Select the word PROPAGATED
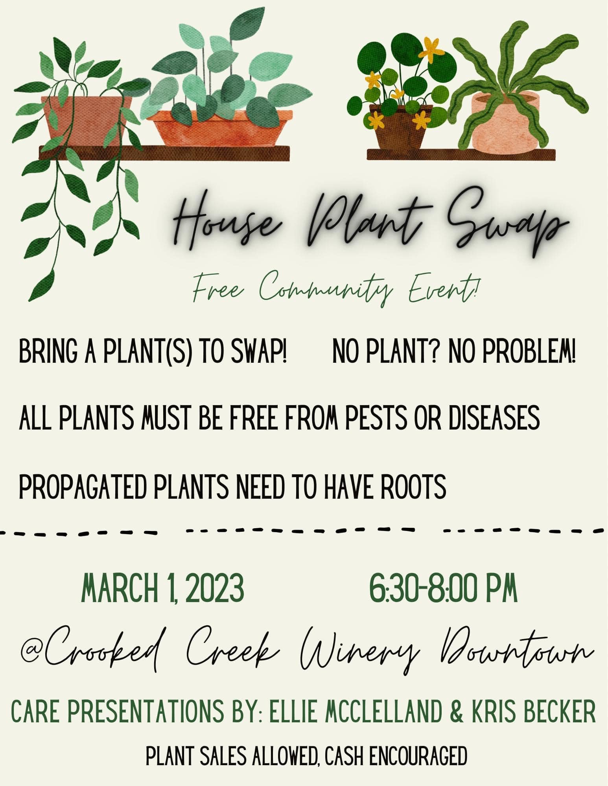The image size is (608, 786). point(83,487)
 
